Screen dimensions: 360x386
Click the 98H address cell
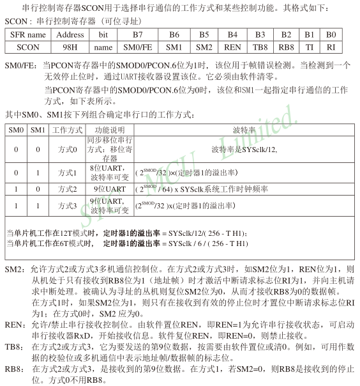(70, 47)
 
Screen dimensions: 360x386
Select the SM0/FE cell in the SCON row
(138, 47)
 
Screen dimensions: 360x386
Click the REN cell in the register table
(233, 47)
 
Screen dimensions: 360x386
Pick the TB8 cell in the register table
(260, 47)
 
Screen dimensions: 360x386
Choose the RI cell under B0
(330, 47)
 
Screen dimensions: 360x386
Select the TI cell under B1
(310, 47)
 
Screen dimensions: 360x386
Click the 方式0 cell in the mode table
(67, 150)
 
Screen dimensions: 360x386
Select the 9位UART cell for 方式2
(110, 189)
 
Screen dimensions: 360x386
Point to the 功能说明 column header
(110, 129)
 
